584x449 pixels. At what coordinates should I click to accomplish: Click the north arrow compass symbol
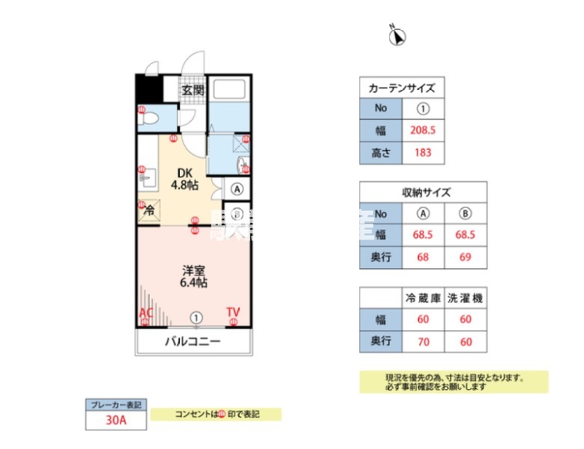(x=397, y=34)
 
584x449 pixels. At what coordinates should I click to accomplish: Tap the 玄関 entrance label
(x=192, y=91)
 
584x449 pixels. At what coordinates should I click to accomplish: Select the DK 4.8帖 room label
(x=184, y=177)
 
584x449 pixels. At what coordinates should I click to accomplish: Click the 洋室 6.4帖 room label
(x=192, y=277)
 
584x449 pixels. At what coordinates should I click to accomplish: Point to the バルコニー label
(x=192, y=342)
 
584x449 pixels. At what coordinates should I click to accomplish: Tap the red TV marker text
(x=234, y=312)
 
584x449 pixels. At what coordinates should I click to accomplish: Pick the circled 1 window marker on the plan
(x=196, y=317)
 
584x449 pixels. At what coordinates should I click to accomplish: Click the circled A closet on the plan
(x=237, y=189)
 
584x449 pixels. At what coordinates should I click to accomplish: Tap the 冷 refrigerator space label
(x=149, y=210)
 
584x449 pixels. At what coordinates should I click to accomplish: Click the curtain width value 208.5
(x=423, y=130)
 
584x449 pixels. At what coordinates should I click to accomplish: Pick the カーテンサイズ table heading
(x=401, y=88)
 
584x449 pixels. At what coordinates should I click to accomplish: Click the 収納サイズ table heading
(x=424, y=192)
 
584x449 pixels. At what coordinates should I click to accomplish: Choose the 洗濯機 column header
(x=466, y=298)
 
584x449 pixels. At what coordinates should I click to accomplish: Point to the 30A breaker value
(x=116, y=421)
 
